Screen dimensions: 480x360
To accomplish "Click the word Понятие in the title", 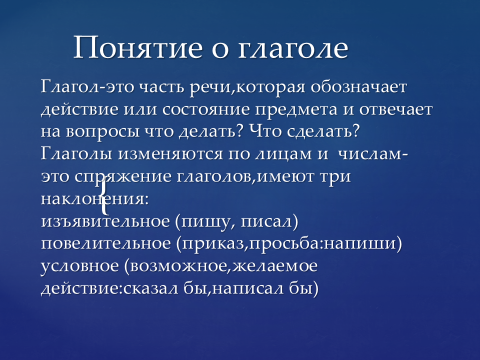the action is pos(138,47).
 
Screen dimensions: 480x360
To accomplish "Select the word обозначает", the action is pos(359,87).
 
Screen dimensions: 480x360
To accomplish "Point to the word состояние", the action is pos(206,110).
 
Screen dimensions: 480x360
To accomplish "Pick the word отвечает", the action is pos(396,110).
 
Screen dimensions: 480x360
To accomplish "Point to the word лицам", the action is pos(283,155).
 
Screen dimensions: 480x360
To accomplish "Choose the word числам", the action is pos(373,155).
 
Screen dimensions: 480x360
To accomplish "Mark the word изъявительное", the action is pos(105,222).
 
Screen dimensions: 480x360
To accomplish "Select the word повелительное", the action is pos(106,245).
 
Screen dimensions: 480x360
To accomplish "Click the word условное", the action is pos(80,267).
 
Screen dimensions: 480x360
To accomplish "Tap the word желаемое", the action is pos(275,267).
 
